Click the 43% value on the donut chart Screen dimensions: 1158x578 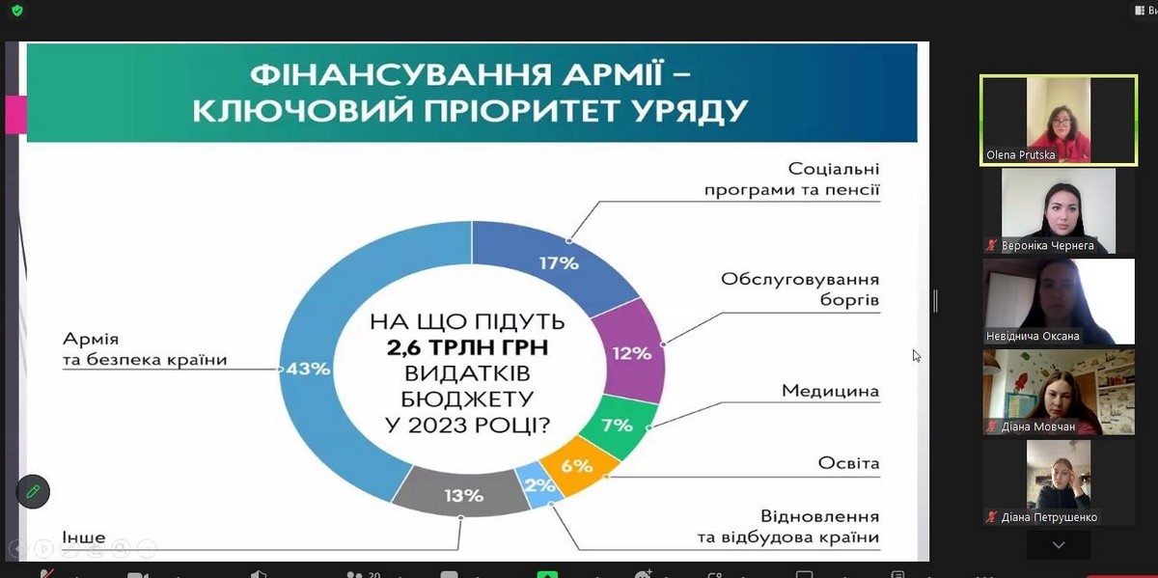(308, 369)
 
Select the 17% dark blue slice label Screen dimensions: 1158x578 (559, 263)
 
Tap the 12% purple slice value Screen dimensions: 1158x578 (632, 353)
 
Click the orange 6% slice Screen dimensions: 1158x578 (577, 466)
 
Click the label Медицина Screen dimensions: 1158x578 (830, 391)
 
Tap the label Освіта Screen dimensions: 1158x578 (848, 463)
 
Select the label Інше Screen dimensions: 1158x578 (84, 537)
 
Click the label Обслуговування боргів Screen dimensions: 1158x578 (800, 289)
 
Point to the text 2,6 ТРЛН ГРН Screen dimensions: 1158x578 (467, 347)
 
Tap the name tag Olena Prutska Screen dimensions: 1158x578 (1020, 154)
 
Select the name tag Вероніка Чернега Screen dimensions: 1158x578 (1047, 245)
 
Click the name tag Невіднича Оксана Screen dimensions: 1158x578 (1033, 336)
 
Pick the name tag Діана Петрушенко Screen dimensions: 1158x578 (1049, 517)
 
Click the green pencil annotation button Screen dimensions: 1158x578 (33, 491)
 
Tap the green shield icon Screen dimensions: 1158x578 (17, 11)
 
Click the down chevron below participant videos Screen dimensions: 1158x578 (1059, 545)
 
